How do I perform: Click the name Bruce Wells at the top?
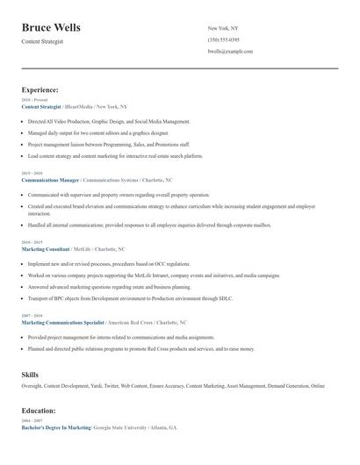tap(51, 27)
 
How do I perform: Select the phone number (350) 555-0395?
tap(224, 39)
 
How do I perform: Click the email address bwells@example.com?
tap(230, 52)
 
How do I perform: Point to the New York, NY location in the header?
tap(224, 28)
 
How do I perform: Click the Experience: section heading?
tap(40, 89)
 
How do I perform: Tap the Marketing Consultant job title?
tap(46, 248)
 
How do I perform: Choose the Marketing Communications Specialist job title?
tap(62, 322)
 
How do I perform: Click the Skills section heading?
tap(31, 376)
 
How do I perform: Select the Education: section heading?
tap(40, 410)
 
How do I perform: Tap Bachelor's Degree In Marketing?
tap(56, 427)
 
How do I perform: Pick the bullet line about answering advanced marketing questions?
tap(109, 286)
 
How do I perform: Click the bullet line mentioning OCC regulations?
tap(108, 263)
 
